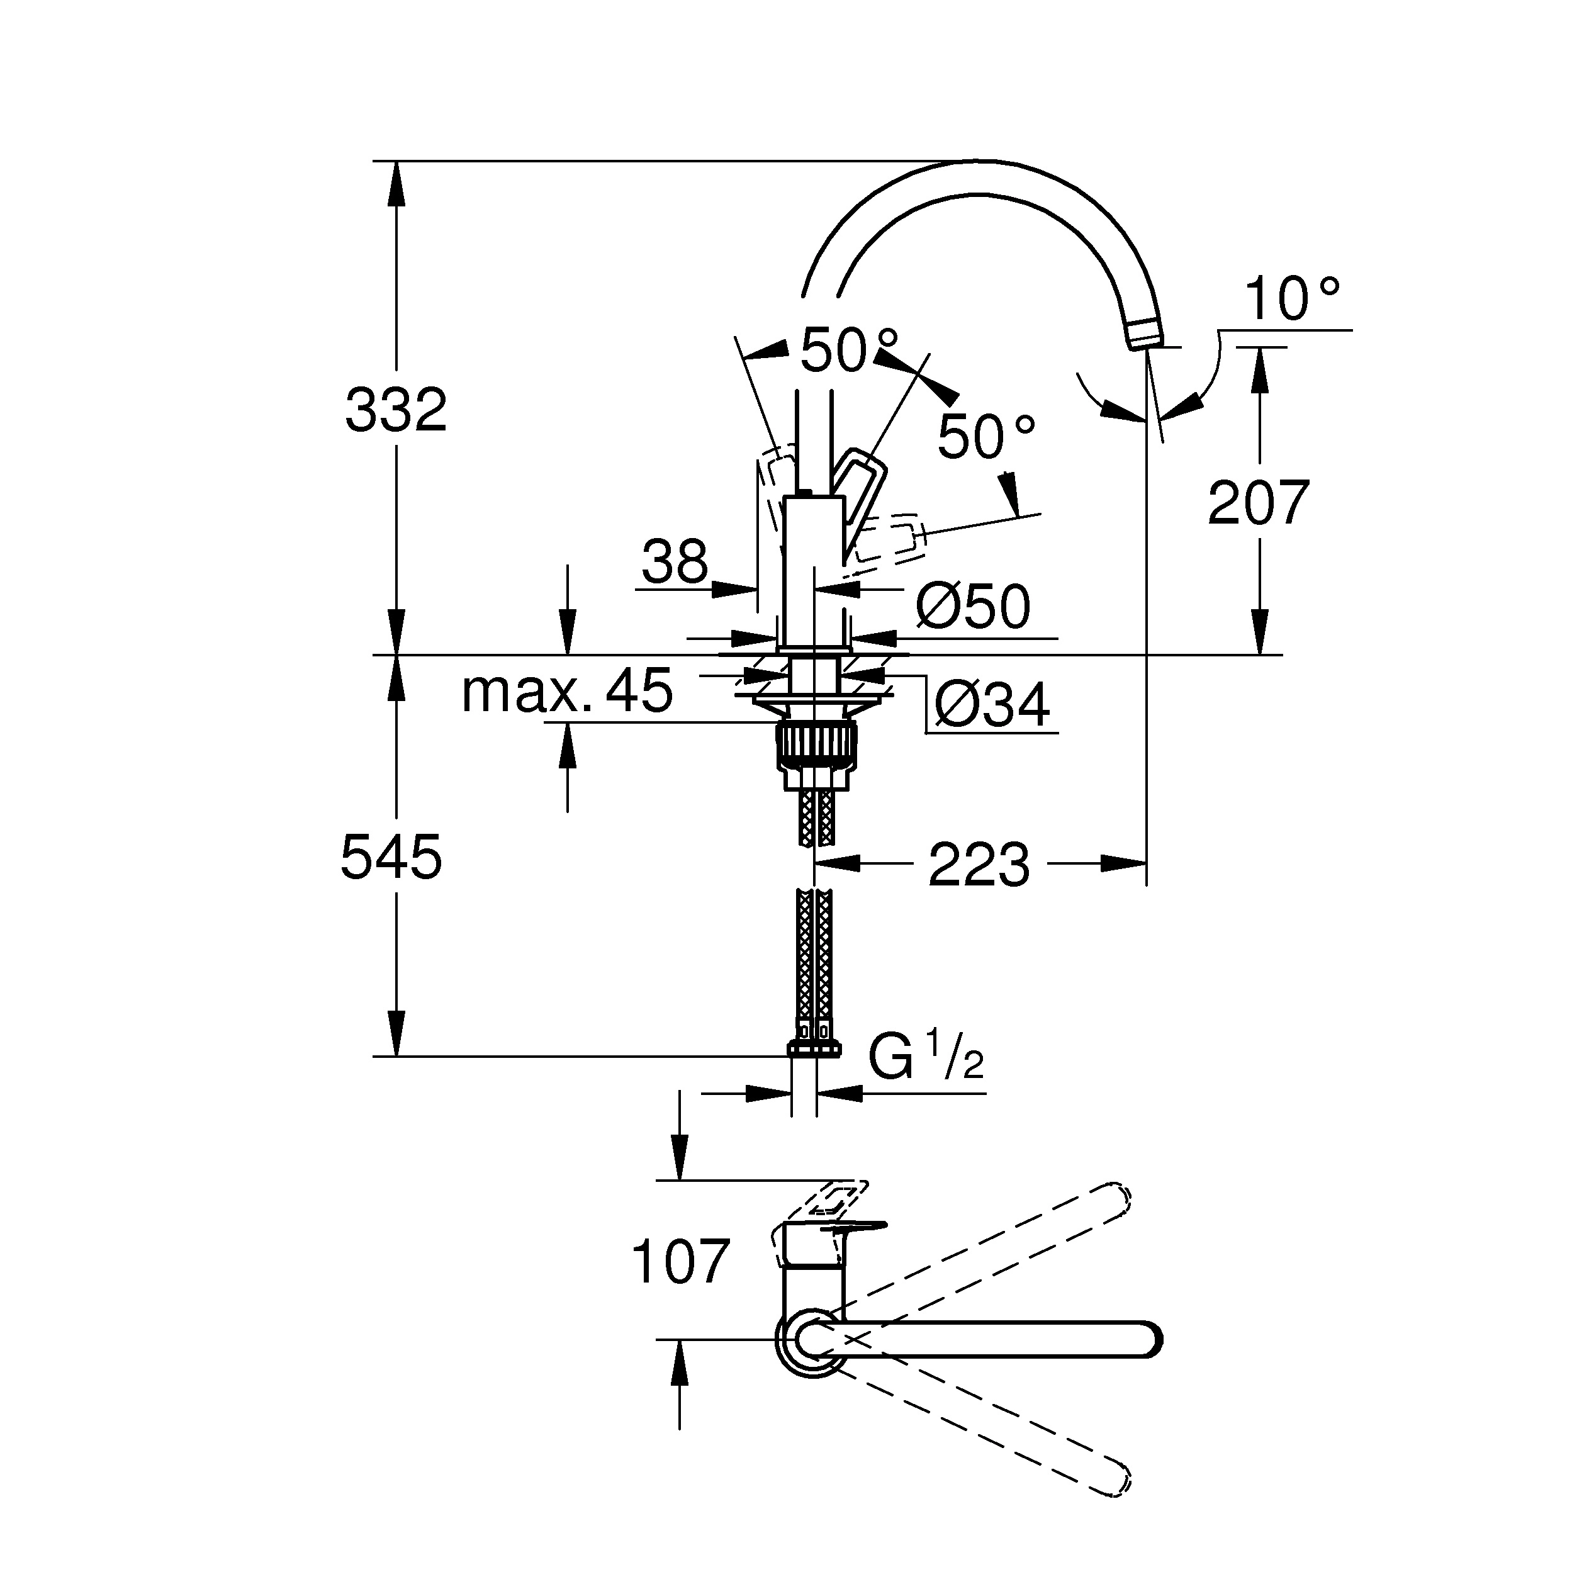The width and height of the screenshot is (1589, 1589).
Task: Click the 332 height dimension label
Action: click(396, 410)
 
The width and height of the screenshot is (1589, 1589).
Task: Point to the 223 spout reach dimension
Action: click(978, 865)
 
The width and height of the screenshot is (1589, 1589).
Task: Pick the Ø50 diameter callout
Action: click(973, 608)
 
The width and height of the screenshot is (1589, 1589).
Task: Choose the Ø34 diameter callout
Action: click(992, 705)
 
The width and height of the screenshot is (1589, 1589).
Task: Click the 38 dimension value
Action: click(675, 562)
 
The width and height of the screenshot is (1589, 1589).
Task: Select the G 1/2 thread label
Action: click(925, 1059)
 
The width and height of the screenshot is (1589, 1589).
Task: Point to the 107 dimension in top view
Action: click(680, 1262)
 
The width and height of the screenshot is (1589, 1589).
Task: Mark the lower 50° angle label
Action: click(985, 437)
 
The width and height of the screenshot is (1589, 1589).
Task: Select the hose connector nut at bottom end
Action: click(814, 1048)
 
